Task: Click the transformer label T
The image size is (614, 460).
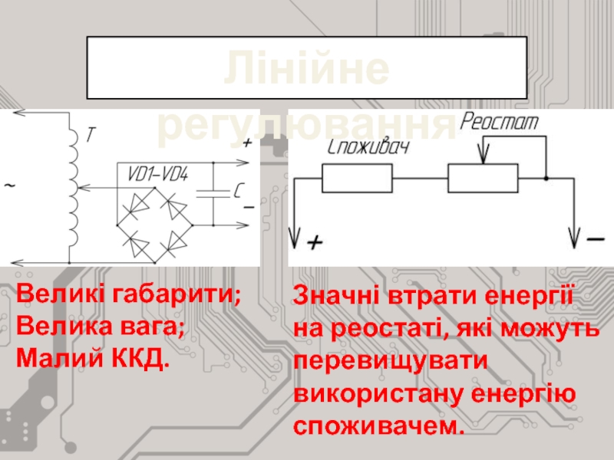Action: [90, 135]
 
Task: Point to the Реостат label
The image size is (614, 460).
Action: [500, 121]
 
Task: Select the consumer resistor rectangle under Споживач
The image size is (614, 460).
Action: [357, 179]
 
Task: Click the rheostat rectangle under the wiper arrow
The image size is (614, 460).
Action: [484, 179]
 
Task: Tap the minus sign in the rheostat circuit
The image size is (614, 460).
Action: [595, 240]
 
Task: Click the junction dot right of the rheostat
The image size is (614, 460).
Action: [546, 179]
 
